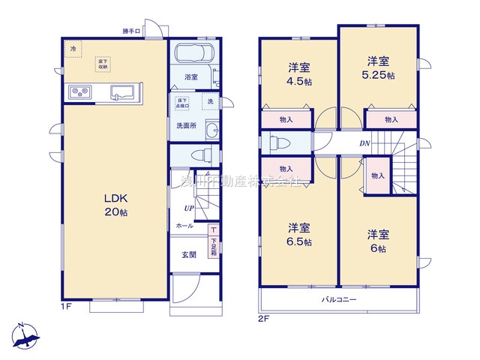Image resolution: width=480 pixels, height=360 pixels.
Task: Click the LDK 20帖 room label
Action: point(115,205)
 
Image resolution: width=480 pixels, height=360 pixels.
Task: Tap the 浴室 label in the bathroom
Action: point(190,77)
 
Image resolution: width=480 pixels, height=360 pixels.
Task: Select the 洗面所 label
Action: point(186,125)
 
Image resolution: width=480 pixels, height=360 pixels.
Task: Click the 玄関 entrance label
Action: point(188,255)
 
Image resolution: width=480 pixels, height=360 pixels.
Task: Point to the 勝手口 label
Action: point(132,31)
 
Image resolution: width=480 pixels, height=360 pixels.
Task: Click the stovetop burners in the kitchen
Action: point(79,92)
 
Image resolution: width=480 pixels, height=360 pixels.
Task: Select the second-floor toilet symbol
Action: point(280,142)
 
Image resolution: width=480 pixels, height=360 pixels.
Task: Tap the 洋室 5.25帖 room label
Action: point(377,67)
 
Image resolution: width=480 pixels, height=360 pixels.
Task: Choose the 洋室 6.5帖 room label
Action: point(298,235)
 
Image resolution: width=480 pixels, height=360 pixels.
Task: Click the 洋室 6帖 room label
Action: point(376,240)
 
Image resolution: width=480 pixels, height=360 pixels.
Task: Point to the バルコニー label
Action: point(339,300)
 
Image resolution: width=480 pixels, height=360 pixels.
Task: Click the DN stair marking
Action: point(364,142)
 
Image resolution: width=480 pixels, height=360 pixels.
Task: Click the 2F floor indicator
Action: point(263,316)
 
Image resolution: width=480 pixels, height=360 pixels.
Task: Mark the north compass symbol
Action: point(25,336)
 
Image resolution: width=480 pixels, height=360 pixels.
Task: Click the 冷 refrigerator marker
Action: point(73,49)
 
